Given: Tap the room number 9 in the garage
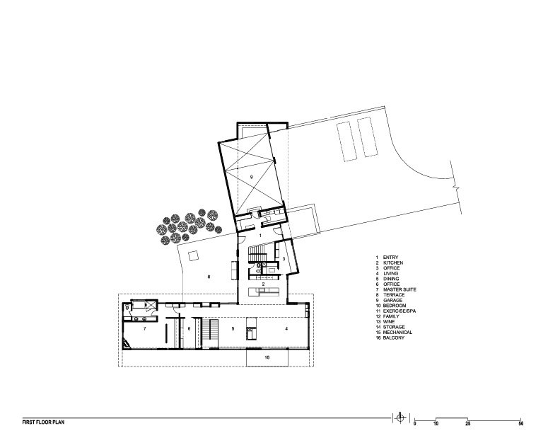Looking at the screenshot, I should (250, 176).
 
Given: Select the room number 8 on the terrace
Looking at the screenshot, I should (209, 277).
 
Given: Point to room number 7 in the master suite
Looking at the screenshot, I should (145, 330).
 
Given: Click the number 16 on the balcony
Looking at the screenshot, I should (267, 359).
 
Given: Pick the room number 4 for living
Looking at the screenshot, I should (286, 330).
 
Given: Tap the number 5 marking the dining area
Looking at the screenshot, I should (232, 330).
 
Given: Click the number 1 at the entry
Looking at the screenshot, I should (259, 233).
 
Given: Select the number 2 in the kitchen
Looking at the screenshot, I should (262, 283).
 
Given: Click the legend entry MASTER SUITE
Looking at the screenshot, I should (399, 290).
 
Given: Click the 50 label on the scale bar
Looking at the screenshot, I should (521, 423).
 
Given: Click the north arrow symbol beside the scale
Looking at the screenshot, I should (400, 417).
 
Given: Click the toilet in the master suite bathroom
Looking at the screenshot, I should (127, 306).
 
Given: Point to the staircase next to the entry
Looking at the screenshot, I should (257, 253).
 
